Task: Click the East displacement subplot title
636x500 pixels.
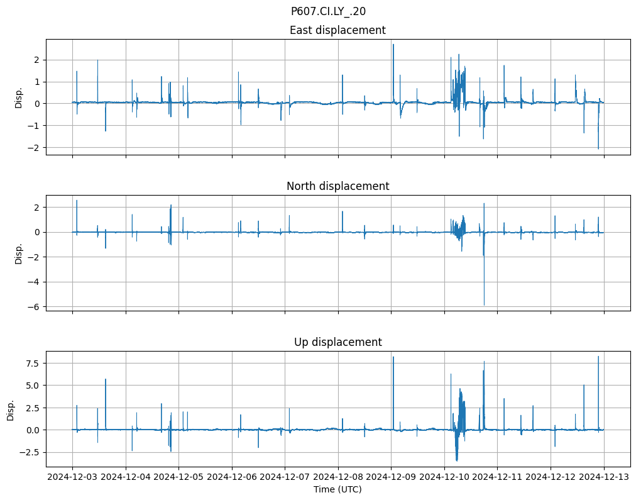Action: tap(337, 30)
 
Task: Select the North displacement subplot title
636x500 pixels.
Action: tap(337, 186)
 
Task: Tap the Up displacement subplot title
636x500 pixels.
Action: tap(337, 342)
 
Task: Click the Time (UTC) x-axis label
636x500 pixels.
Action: tap(337, 489)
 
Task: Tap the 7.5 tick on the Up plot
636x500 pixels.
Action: tap(32, 363)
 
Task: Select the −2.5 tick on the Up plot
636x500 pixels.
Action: tap(30, 452)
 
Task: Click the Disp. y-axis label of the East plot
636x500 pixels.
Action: tap(19, 97)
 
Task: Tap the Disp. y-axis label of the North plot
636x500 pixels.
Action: tap(19, 253)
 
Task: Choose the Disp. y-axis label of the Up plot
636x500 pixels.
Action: tap(11, 409)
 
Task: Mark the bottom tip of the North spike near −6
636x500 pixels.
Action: tap(484, 305)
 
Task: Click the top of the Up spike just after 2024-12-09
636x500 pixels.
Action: tap(393, 357)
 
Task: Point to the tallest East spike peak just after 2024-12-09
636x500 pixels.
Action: tap(393, 44)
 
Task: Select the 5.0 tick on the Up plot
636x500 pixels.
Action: tap(32, 386)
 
